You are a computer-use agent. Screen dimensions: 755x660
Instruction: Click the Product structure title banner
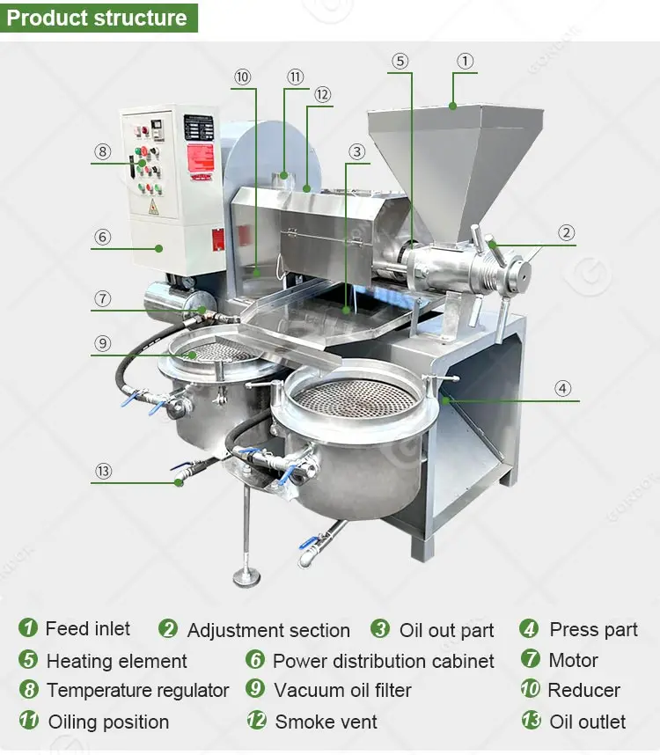pyautogui.click(x=98, y=17)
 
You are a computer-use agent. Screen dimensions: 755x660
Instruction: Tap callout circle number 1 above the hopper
pyautogui.click(x=465, y=62)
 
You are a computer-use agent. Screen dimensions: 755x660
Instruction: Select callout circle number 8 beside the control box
pyautogui.click(x=102, y=151)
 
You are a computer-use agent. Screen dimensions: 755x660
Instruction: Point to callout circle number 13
pyautogui.click(x=104, y=471)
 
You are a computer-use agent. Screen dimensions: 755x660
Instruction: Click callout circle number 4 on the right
pyautogui.click(x=562, y=387)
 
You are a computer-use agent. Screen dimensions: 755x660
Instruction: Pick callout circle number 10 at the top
pyautogui.click(x=243, y=77)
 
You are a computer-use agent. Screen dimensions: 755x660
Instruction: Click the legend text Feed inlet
pyautogui.click(x=87, y=629)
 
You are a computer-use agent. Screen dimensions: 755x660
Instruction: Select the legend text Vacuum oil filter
pyautogui.click(x=342, y=691)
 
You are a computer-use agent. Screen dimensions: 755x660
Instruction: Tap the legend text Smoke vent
pyautogui.click(x=326, y=722)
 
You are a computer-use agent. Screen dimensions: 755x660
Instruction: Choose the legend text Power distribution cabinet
pyautogui.click(x=383, y=661)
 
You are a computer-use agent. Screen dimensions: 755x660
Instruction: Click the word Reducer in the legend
pyautogui.click(x=583, y=691)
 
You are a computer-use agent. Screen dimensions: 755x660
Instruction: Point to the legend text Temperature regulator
pyautogui.click(x=137, y=691)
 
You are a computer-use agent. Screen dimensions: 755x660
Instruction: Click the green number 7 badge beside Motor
pyautogui.click(x=531, y=659)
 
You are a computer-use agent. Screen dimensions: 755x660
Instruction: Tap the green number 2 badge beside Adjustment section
pyautogui.click(x=168, y=629)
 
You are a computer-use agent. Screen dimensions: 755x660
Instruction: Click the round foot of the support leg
pyautogui.click(x=246, y=577)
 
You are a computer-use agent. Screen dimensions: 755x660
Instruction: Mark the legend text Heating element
pyautogui.click(x=116, y=661)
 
